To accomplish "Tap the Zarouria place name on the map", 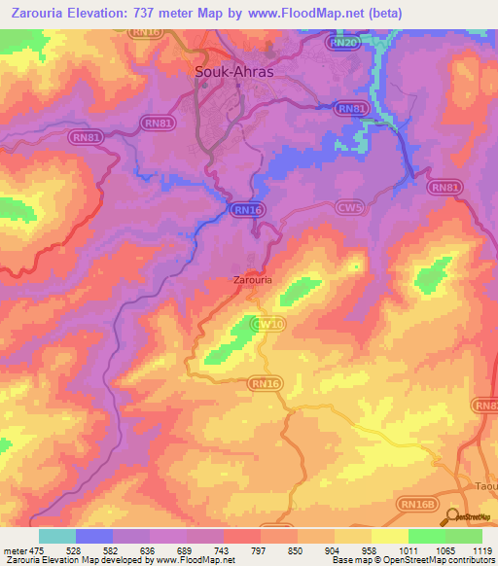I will coord(254,280).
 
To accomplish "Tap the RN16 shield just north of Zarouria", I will coord(247,209).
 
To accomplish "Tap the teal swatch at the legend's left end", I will coord(56,536).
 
